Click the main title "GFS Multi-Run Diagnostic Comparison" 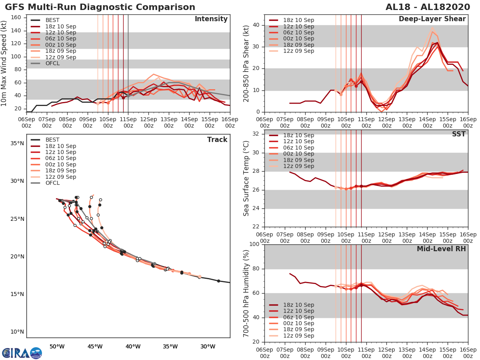100,7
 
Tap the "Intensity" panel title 211,19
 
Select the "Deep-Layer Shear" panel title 432,19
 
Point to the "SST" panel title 459,134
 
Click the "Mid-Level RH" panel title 441,249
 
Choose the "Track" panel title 217,140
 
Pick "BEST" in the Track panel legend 52,140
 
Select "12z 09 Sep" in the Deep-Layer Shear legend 298,51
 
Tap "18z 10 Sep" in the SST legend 298,135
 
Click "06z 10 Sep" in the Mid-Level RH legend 298,317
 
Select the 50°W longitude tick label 57,346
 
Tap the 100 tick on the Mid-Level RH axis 256,244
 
